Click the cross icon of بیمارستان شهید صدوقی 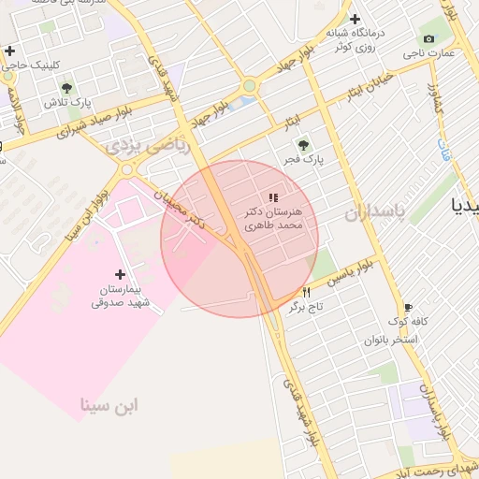[119, 274]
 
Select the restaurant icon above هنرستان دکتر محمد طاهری [272, 197]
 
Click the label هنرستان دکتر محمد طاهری [275, 219]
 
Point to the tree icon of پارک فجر [302, 144]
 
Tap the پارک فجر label [305, 160]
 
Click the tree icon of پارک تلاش [65, 88]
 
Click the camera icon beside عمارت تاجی [428, 38]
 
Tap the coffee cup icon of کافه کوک [408, 307]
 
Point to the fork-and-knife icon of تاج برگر [306, 293]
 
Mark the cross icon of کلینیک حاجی [9, 51]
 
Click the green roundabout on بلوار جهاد [249, 87]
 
